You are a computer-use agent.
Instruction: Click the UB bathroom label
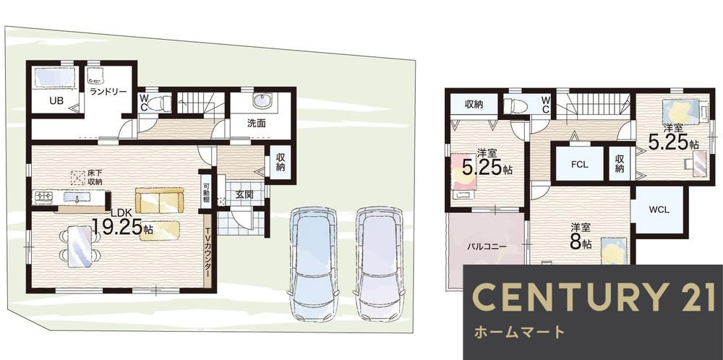[x=56, y=100]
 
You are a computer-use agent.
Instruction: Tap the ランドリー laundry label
[x=108, y=92]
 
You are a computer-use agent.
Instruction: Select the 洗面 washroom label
[x=256, y=123]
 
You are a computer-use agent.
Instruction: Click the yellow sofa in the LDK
[x=160, y=200]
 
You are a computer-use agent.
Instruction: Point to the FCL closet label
[x=579, y=164]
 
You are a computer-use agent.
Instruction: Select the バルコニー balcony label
[x=486, y=247]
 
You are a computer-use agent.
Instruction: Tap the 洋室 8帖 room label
[x=581, y=236]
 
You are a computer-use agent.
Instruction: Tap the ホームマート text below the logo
[x=518, y=333]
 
